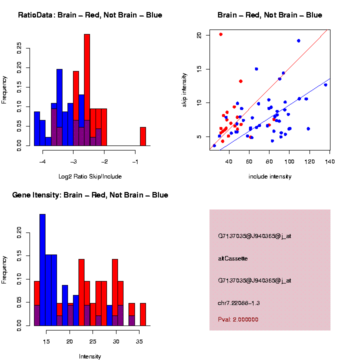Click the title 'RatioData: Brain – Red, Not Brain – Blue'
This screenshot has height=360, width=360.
pos(90,15)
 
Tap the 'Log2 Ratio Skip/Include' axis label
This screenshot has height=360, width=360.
pos(90,176)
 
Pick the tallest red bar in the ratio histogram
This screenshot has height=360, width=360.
pos(87,90)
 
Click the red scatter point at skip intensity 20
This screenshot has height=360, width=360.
pos(221,34)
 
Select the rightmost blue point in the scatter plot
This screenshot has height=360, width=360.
pos(325,84)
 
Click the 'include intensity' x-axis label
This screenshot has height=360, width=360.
pos(270,176)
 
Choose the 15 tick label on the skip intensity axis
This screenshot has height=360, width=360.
pos(199,69)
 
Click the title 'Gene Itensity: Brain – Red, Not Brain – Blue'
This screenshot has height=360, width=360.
pos(90,195)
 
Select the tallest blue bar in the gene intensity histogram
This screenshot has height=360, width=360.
pos(42,270)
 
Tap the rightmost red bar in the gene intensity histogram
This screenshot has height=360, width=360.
pos(143,314)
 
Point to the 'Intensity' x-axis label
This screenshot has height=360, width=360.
pos(90,356)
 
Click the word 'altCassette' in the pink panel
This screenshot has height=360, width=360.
pos(233,258)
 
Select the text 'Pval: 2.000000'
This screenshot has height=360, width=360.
pos(238,319)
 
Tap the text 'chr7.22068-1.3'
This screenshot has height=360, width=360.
pos(239,303)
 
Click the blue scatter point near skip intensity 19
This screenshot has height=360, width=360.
pos(298,40)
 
